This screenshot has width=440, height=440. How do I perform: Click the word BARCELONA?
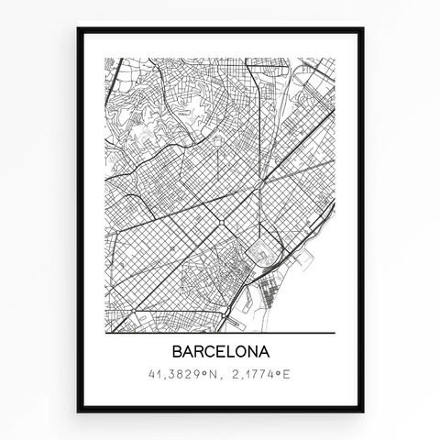(220, 353)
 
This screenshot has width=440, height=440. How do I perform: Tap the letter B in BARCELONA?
(177, 353)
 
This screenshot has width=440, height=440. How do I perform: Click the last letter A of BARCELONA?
(263, 353)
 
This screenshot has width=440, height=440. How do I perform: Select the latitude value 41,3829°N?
(183, 375)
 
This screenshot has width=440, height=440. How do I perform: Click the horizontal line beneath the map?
(220, 332)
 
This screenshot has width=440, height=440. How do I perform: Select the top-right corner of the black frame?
(362, 29)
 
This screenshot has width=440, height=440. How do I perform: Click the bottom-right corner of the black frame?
(362, 411)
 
